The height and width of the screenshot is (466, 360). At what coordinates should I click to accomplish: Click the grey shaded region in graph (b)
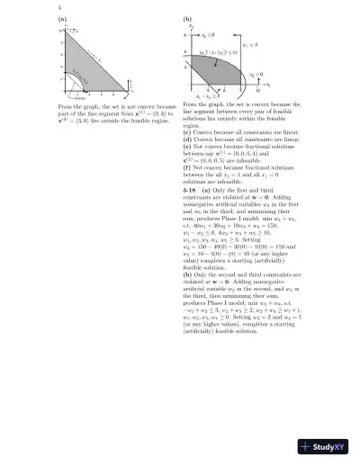pos(223,73)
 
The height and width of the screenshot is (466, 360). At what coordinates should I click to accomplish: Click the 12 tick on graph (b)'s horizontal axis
pos(258,90)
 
